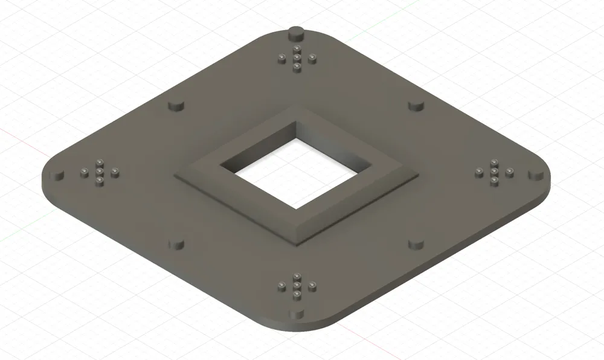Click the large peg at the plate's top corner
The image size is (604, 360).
tap(297, 32)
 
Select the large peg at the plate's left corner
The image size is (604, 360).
tap(58, 175)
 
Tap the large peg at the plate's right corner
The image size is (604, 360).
tap(535, 175)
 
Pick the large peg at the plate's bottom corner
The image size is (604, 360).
tap(297, 314)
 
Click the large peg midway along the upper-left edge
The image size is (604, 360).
tap(176, 105)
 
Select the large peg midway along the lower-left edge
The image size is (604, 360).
tap(176, 244)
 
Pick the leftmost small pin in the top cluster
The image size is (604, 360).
tap(282, 58)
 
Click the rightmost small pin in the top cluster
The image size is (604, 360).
tap(312, 58)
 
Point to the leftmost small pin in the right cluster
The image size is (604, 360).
tap(479, 173)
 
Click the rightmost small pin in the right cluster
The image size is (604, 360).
tap(509, 173)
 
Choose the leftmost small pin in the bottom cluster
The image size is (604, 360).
tap(282, 285)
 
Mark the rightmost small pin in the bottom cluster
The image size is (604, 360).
tap(312, 285)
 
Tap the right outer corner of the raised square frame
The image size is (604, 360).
tap(419, 175)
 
